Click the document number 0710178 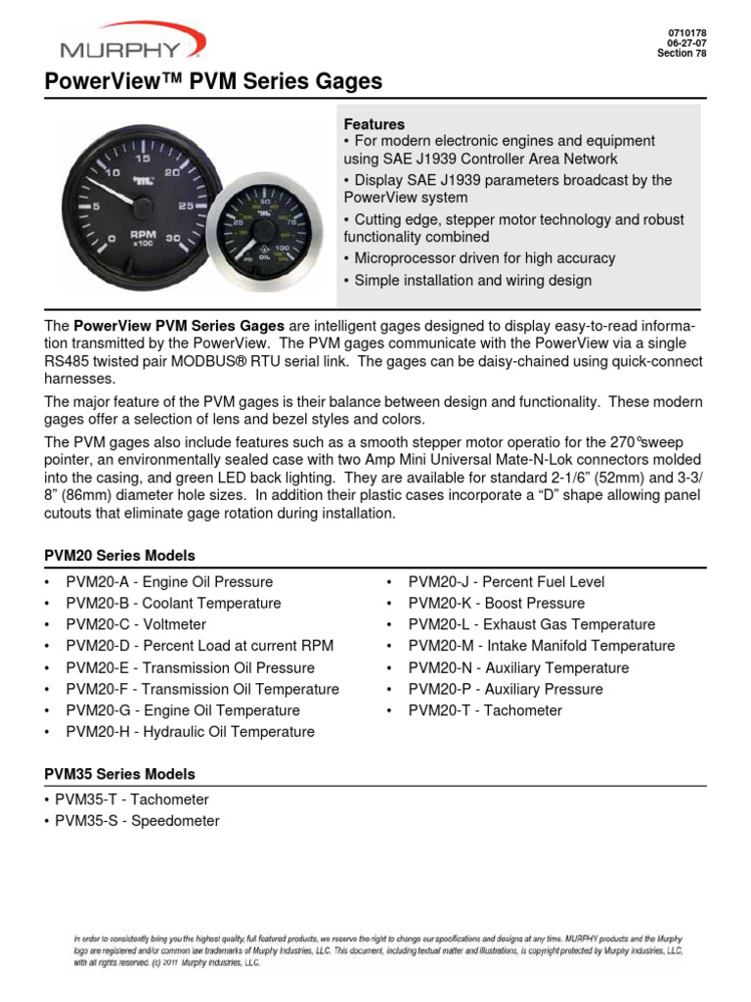(687, 32)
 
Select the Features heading (374, 124)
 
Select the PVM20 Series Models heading (119, 556)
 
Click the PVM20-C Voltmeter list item (136, 624)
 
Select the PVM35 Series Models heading (119, 774)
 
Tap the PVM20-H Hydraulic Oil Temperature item (190, 732)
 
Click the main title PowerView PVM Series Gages (213, 81)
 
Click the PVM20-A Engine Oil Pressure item (169, 581)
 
